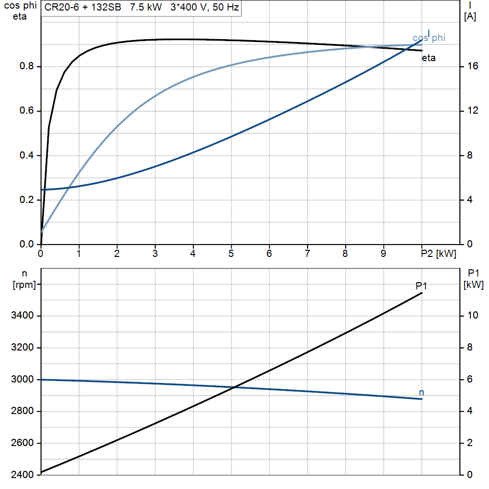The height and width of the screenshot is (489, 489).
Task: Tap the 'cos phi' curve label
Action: [428, 38]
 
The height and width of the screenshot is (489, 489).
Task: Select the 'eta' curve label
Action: [428, 58]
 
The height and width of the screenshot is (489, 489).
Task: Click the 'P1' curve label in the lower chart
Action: [421, 286]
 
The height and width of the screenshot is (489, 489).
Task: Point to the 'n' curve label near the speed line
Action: [421, 393]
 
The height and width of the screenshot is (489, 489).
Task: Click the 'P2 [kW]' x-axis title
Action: [439, 253]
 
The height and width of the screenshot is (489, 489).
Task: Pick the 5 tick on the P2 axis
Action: [231, 253]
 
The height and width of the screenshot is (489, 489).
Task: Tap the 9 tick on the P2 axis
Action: [383, 253]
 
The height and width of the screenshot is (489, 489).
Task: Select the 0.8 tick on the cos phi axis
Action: [27, 67]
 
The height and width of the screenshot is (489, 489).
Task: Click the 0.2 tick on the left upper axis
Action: [27, 200]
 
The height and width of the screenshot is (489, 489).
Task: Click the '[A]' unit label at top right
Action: [470, 17]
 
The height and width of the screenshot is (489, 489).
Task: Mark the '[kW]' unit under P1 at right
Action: [474, 285]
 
